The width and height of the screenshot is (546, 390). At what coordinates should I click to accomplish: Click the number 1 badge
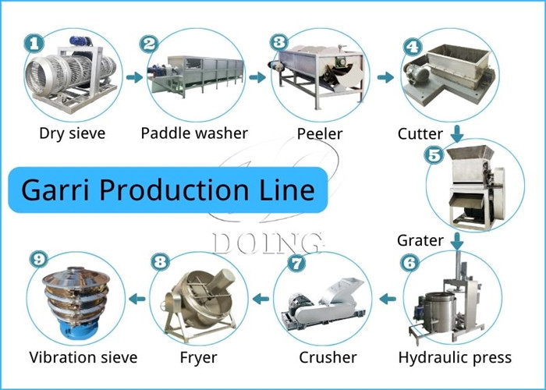[32, 44]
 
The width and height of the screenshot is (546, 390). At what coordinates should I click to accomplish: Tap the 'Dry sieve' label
[73, 133]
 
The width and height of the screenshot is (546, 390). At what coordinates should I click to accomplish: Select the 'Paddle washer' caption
[194, 133]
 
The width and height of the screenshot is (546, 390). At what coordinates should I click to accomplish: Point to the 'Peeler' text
[319, 133]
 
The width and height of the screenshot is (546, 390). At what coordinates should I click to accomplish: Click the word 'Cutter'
[420, 133]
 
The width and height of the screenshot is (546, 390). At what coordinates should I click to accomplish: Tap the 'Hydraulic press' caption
[455, 357]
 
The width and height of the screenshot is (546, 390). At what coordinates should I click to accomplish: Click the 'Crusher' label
[323, 357]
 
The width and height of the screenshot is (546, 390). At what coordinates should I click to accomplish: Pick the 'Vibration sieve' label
[83, 357]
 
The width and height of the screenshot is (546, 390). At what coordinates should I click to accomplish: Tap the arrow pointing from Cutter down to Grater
[457, 133]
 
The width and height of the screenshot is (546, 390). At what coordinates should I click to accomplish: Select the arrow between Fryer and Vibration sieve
[137, 297]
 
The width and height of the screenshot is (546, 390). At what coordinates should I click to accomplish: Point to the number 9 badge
[36, 258]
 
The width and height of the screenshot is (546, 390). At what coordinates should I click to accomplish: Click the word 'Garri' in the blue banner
[54, 190]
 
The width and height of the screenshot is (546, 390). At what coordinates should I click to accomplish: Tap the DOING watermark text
[265, 243]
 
